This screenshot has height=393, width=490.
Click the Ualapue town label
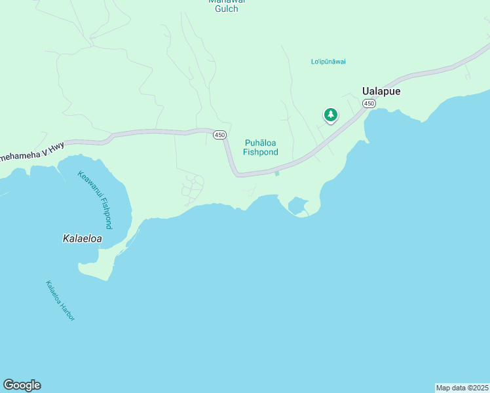point(381,92)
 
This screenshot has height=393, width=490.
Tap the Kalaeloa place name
point(82,239)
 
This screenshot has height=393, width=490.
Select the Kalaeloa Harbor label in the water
point(60,301)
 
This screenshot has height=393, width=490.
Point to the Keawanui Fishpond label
point(96,199)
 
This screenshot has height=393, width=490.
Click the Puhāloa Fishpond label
point(261,147)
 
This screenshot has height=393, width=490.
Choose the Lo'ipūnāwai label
point(328,62)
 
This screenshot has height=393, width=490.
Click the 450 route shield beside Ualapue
point(369,104)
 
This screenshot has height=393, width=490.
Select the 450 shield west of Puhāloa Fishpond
point(219,134)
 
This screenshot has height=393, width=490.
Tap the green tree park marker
point(331,115)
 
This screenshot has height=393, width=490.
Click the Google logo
point(22,385)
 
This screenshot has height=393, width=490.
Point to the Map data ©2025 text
point(462,388)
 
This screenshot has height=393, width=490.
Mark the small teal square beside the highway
point(277,173)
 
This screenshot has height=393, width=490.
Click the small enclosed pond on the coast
point(296,205)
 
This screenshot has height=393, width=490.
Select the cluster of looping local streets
point(193,187)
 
